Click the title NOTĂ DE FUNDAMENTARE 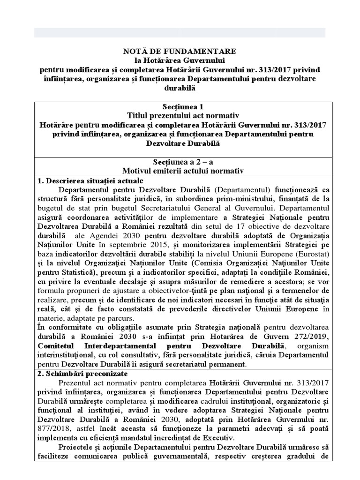(180, 51)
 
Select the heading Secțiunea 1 (180, 106)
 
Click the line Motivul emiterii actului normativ (180, 171)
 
